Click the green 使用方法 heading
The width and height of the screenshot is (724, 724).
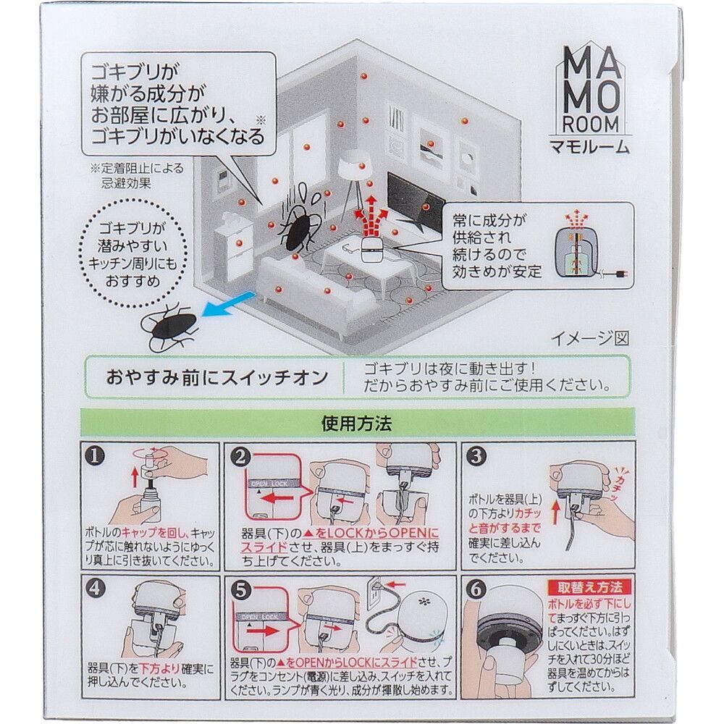(x=356, y=424)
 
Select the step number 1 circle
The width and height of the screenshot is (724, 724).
(x=94, y=457)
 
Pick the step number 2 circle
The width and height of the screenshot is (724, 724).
(x=243, y=457)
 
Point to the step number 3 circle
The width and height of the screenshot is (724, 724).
(x=476, y=457)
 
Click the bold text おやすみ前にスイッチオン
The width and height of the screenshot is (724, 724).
(x=213, y=377)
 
